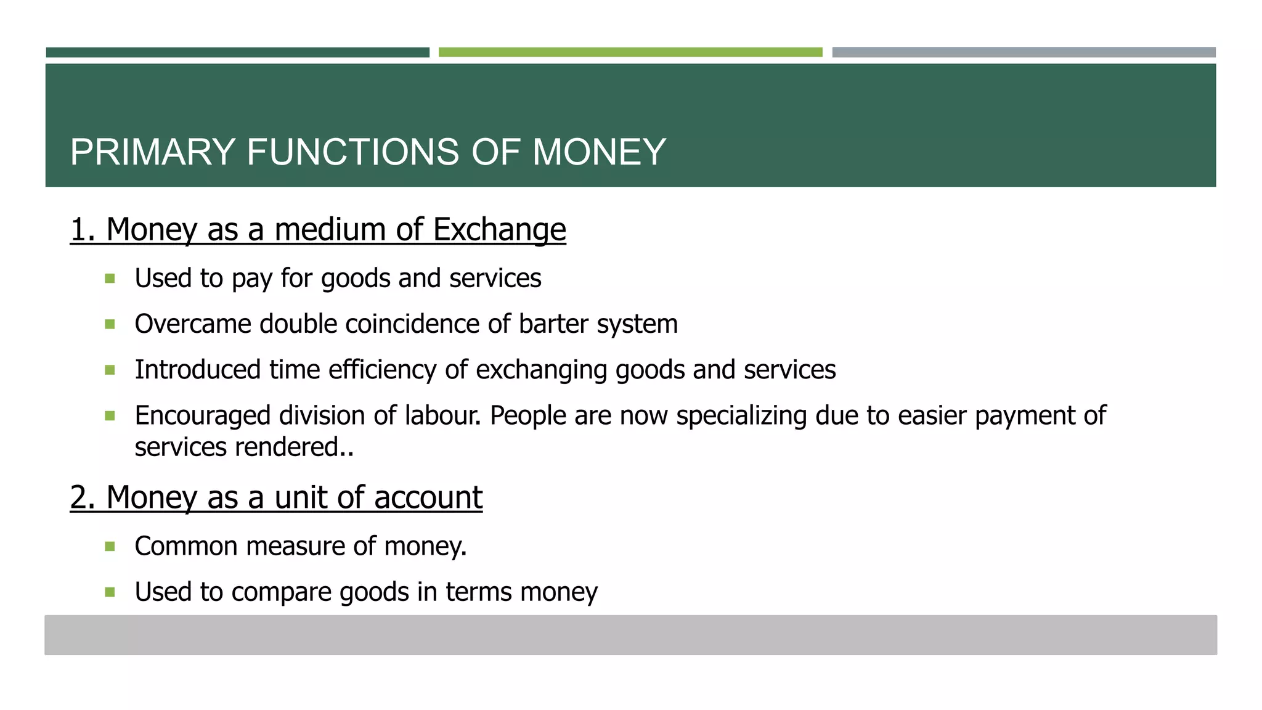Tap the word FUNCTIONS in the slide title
coord(353,152)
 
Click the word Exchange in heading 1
coord(499,230)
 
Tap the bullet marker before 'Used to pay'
coord(110,279)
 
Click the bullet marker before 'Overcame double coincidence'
coord(110,324)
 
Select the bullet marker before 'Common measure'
coord(110,546)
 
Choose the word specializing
coord(741,415)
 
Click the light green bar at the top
coord(630,52)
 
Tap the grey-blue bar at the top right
coord(1024,52)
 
